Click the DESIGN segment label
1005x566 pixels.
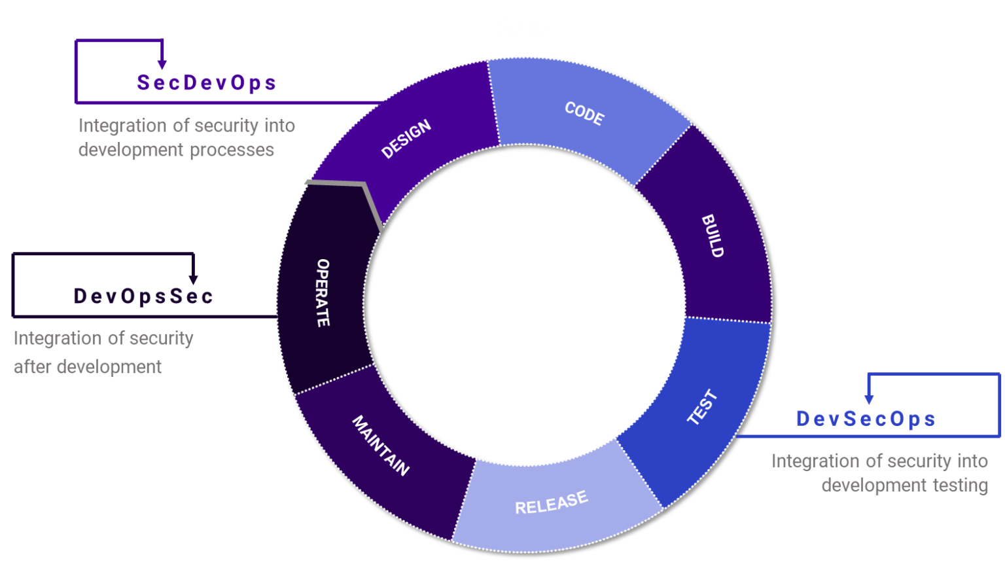pos(406,139)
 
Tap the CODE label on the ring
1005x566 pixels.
pos(584,113)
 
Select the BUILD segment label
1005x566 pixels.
pos(713,236)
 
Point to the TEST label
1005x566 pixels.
pos(703,407)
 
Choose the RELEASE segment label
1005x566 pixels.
pos(552,503)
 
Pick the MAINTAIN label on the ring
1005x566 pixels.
pos(381,445)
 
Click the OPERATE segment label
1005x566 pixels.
pos(323,292)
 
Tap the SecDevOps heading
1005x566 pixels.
pos(206,82)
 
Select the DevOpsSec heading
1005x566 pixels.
pos(143,296)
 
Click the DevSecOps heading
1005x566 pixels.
pos(866,419)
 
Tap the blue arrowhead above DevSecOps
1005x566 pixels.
pos(869,398)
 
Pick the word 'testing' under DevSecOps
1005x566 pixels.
pos(961,486)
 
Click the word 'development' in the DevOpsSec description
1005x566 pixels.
pos(109,367)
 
